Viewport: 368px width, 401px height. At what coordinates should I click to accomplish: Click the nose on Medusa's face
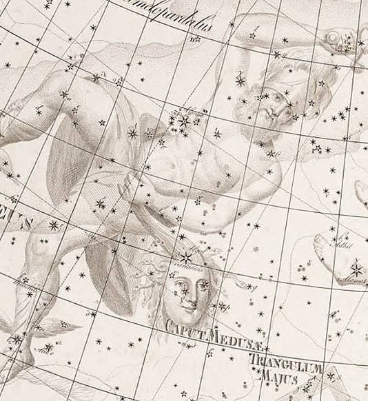pos(194,293)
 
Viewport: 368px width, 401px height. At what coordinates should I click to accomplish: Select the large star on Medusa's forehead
pos(186,258)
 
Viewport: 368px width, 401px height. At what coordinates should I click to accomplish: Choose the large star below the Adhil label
pos(357,268)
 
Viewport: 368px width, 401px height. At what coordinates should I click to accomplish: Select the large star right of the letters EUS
pos(53,225)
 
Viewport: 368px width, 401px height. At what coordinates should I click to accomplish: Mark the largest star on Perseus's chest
pos(185,122)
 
